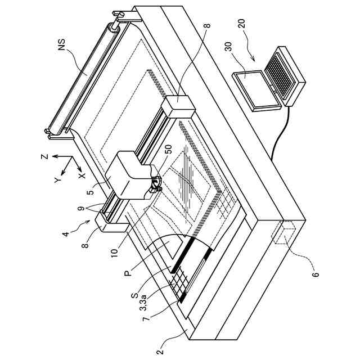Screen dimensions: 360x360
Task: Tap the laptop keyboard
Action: tap(281, 74)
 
